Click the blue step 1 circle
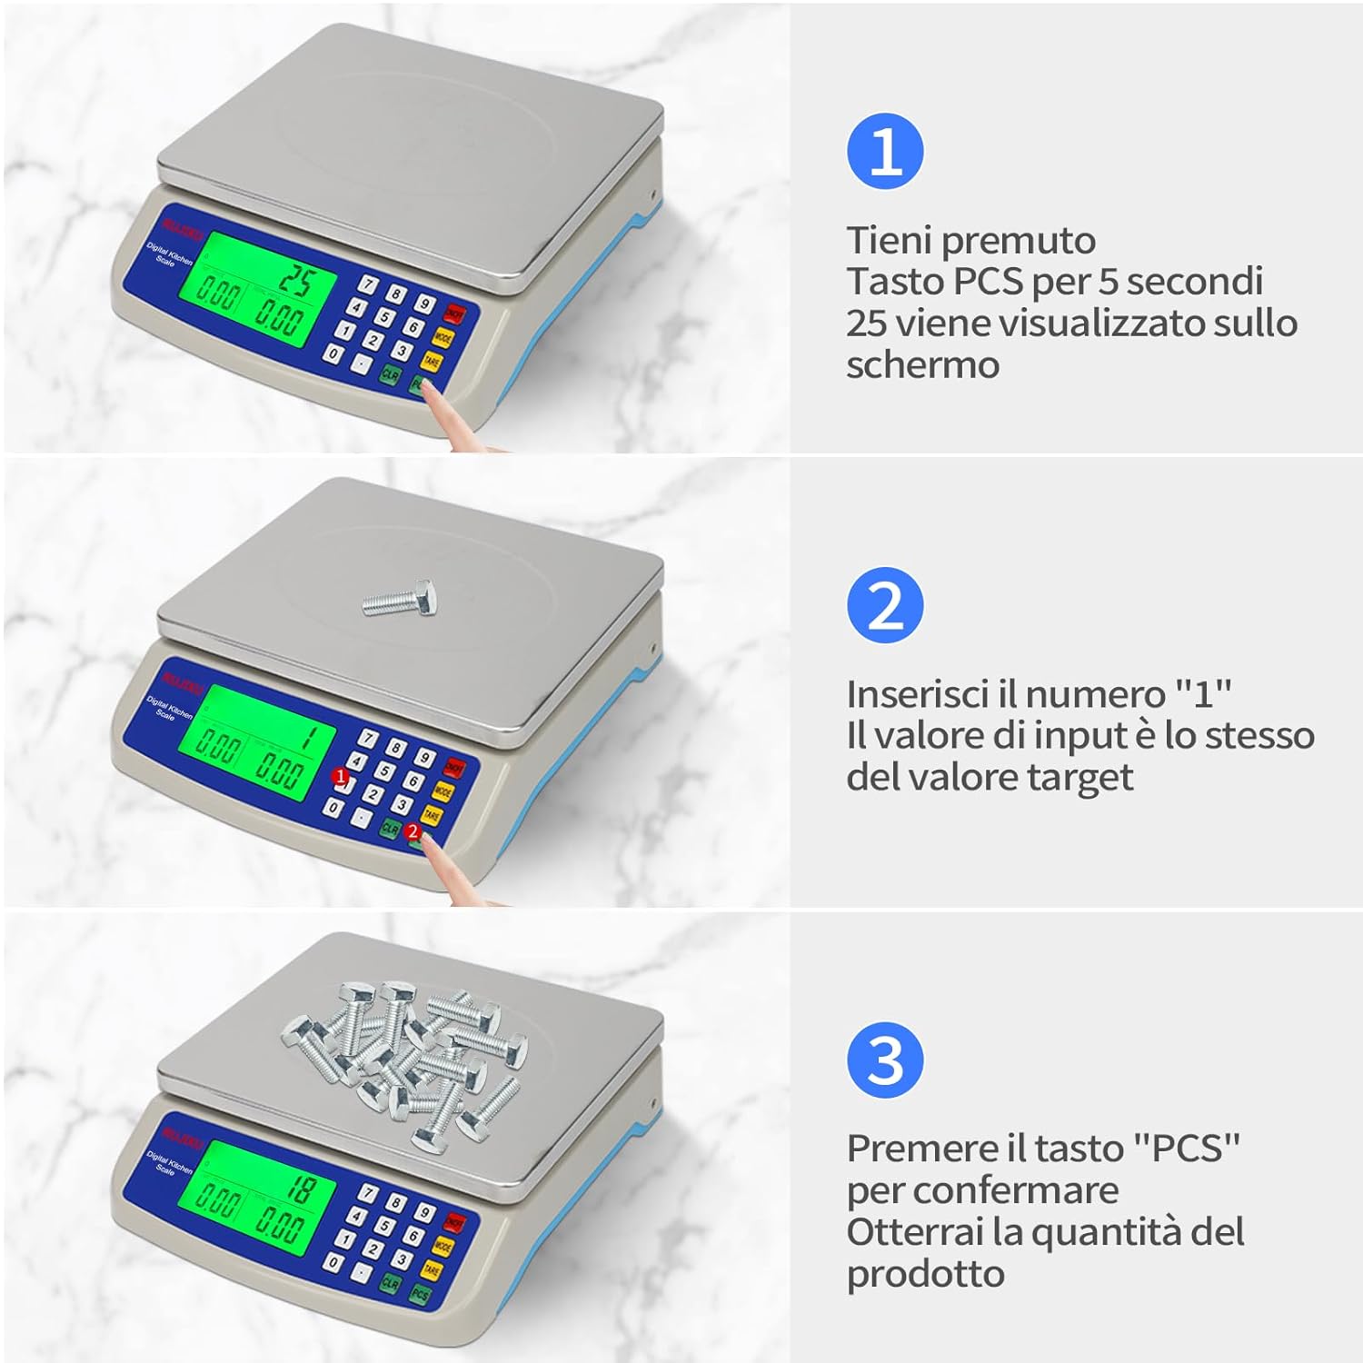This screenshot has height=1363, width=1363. (x=885, y=152)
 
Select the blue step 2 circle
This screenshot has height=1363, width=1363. (x=885, y=606)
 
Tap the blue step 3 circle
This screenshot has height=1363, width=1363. (x=885, y=1060)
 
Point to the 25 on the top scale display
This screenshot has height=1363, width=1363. (x=294, y=279)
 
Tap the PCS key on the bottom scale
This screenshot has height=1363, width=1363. (x=420, y=1294)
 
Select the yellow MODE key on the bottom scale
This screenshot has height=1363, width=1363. (x=443, y=1246)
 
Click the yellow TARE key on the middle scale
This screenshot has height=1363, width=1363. (x=432, y=816)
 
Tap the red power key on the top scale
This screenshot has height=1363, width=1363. (x=454, y=314)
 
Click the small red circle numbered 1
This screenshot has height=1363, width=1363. (x=340, y=777)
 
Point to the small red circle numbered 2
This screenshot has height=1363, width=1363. (x=413, y=831)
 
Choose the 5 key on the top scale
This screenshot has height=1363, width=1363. (x=385, y=317)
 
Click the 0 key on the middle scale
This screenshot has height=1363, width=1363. (x=334, y=807)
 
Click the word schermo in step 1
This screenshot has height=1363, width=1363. (x=922, y=365)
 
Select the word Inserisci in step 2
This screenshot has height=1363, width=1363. (x=918, y=694)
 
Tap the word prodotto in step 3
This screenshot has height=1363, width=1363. (x=925, y=1274)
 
